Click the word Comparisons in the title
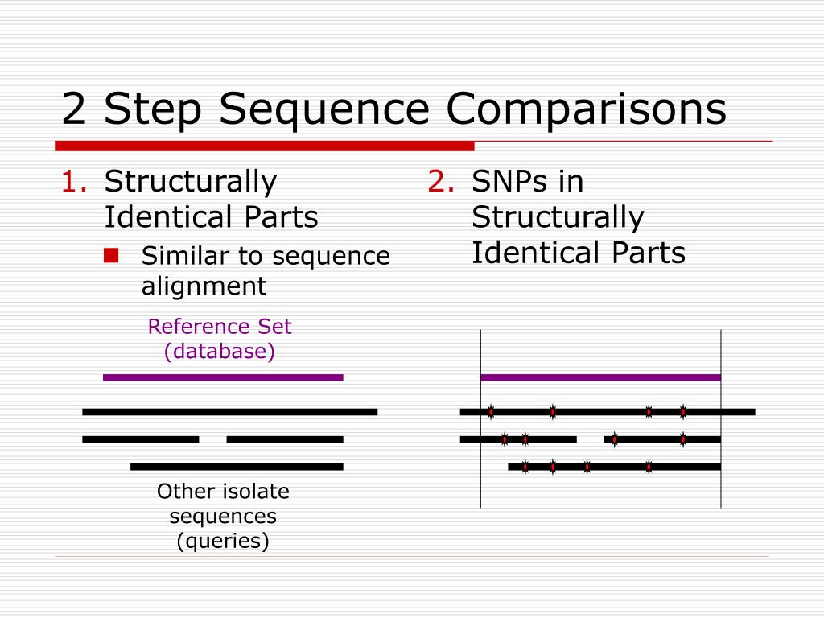587,110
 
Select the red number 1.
72,182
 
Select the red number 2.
440,182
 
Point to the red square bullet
111,256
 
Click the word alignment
204,286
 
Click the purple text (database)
219,352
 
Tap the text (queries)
223,541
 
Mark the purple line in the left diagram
223,377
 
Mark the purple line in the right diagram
600,377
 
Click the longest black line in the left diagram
229,412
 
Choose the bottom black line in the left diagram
237,467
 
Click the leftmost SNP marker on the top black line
491,412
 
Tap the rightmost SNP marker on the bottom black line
649,467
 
